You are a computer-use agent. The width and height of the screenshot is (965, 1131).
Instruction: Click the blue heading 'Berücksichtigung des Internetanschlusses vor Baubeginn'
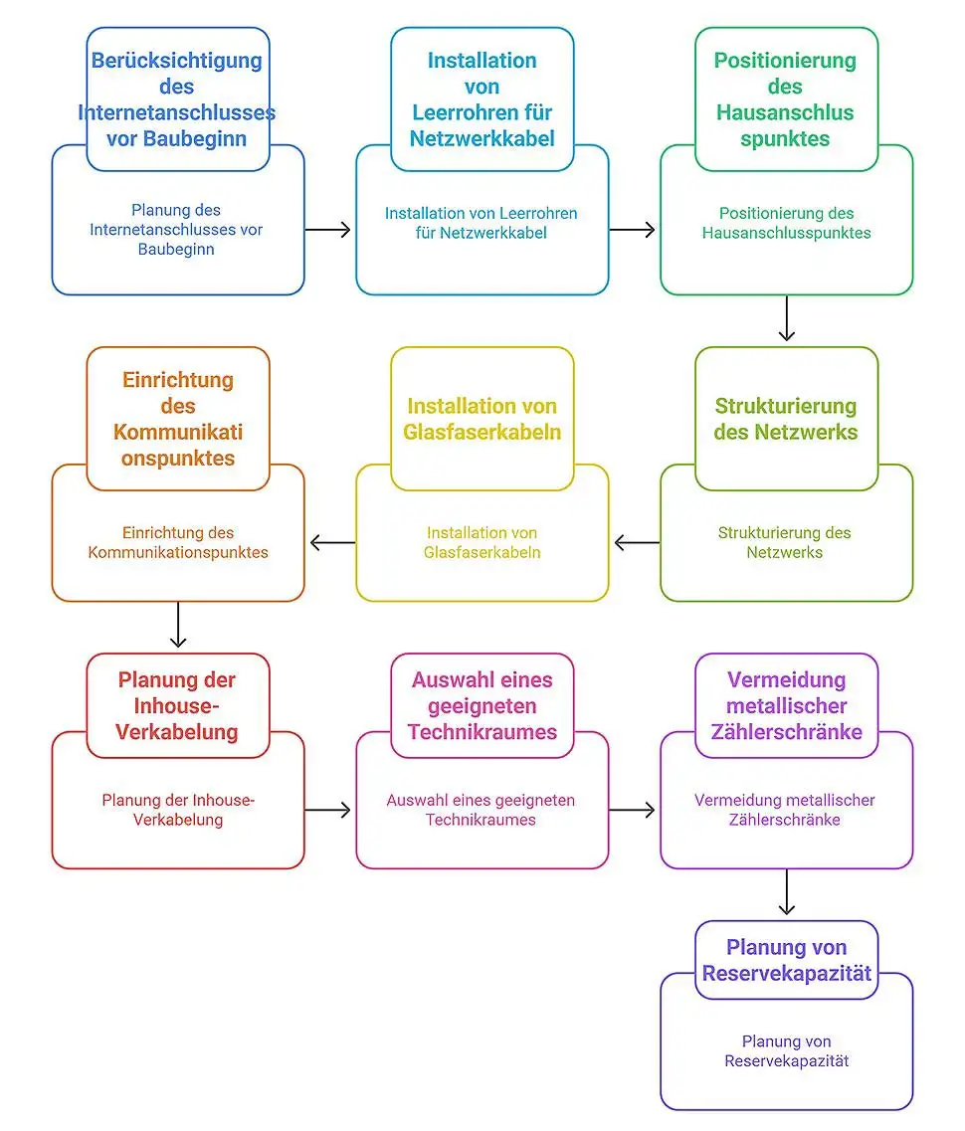tap(177, 99)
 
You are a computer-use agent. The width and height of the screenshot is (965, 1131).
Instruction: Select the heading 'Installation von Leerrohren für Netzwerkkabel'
tap(482, 99)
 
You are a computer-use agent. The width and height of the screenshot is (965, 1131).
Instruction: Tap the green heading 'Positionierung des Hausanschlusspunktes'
tap(786, 99)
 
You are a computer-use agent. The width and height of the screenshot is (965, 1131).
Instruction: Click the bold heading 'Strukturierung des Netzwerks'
tap(786, 419)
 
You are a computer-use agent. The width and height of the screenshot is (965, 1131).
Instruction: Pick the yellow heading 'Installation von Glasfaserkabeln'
tap(482, 419)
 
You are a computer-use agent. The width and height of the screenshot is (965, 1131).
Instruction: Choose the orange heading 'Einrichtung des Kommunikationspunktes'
tap(177, 419)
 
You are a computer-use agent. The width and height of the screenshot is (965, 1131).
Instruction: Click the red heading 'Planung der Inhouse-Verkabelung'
tap(177, 705)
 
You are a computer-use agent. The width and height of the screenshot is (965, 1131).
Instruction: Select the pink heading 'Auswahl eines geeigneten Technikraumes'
tap(482, 705)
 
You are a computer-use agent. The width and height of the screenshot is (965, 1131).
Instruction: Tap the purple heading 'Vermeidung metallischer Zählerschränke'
tap(786, 705)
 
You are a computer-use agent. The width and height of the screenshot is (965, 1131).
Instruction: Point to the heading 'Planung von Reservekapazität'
tap(786, 959)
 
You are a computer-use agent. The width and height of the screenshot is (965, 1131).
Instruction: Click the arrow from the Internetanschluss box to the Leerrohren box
tap(328, 230)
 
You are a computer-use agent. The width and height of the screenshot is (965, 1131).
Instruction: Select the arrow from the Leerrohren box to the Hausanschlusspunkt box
tap(633, 230)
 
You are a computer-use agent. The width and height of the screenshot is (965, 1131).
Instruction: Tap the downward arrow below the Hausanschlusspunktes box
tap(786, 318)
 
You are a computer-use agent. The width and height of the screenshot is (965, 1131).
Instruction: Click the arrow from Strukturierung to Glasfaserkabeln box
tap(637, 543)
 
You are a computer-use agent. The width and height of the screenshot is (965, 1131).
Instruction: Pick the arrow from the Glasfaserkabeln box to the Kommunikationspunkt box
tap(332, 543)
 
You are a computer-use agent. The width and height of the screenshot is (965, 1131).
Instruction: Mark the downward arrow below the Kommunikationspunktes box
tap(177, 625)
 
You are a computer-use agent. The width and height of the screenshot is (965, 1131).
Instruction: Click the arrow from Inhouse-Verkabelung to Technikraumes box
tap(328, 811)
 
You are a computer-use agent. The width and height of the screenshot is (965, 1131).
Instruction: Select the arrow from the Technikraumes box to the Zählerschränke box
tap(633, 811)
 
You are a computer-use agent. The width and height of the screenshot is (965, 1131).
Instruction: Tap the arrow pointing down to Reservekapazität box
tap(786, 892)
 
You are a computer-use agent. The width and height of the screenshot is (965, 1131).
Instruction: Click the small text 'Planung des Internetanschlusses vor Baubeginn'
tap(176, 230)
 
